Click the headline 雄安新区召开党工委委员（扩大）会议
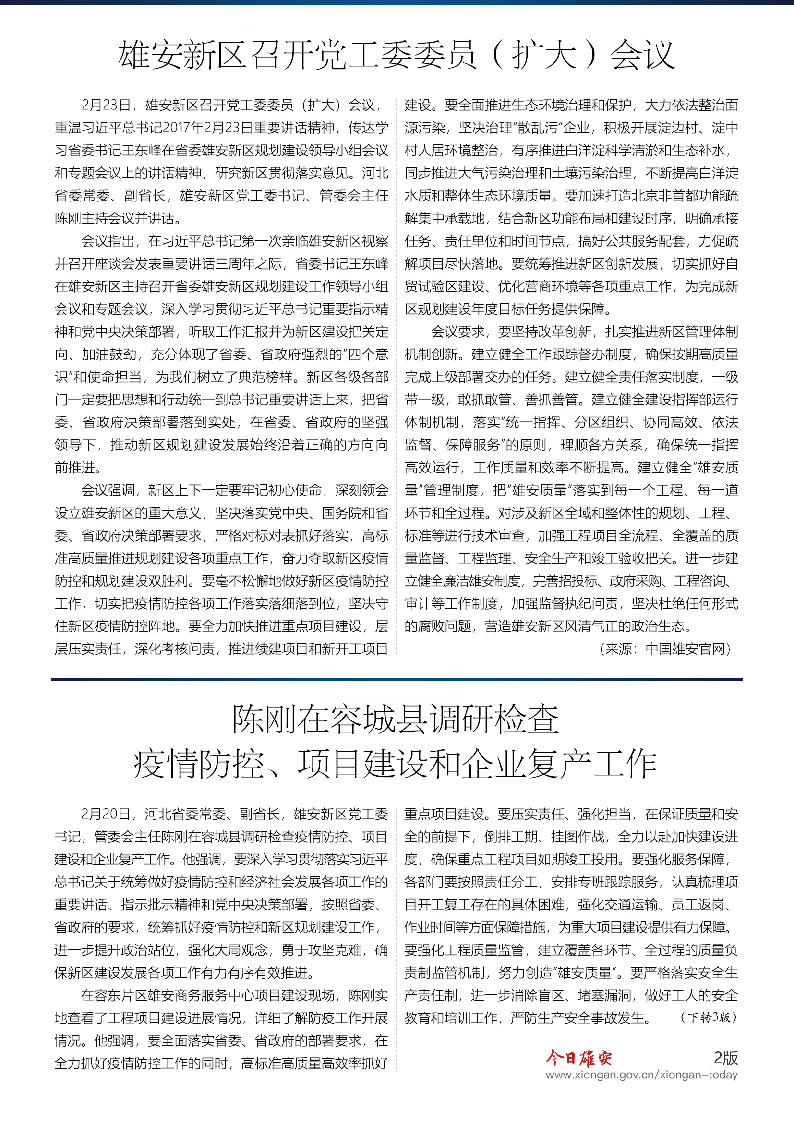pos(397,55)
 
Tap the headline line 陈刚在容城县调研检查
pos(396,720)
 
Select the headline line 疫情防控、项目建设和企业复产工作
pos(396,764)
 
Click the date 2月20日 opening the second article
pos(105,814)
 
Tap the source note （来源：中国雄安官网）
pos(665,649)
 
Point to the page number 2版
pos(725,1058)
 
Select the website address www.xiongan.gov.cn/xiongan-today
pos(641,1075)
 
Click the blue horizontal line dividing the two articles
pos(397,679)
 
